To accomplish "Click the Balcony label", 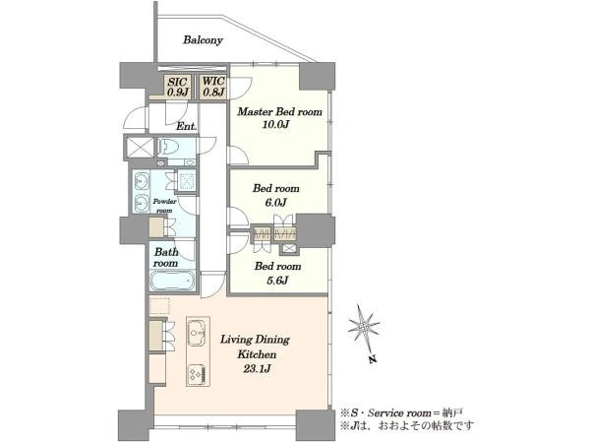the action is tap(203, 40).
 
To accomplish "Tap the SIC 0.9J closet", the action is tap(178, 87).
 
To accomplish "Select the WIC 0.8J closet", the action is tap(213, 87).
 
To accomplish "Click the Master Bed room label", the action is tap(279, 112).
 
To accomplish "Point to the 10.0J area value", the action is tap(275, 125).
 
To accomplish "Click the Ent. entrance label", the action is tap(187, 126).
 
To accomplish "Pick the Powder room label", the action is tap(164, 206).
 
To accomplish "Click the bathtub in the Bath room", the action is tap(172, 281).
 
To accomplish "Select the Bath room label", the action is tap(165, 258).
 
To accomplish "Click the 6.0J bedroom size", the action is tap(275, 203).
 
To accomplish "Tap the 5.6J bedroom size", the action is tap(277, 281).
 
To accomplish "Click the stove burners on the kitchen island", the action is tap(198, 374).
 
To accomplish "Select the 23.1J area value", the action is tap(257, 369).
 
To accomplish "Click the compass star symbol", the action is tap(364, 325).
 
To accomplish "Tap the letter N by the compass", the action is tap(373, 359).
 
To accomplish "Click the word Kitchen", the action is tap(257, 354).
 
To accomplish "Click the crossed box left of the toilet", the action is tap(141, 148).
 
